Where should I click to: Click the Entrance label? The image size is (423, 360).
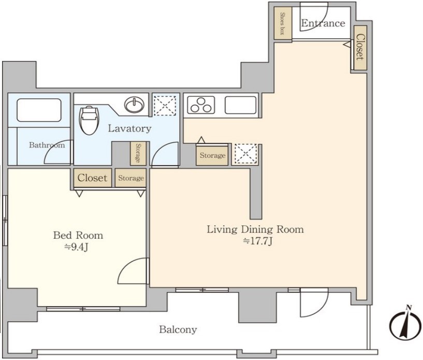pyautogui.click(x=323, y=23)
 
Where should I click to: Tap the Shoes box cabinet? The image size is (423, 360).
pyautogui.click(x=283, y=23)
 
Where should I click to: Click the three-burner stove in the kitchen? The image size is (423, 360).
pyautogui.click(x=201, y=105)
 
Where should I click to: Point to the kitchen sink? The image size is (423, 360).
pyautogui.click(x=240, y=105)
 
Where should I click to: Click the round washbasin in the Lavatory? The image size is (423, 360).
pyautogui.click(x=134, y=104)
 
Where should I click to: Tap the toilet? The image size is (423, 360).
pyautogui.click(x=89, y=120)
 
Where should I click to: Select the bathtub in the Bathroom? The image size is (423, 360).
pyautogui.click(x=39, y=110)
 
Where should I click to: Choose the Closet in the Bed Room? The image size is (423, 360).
pyautogui.click(x=93, y=178)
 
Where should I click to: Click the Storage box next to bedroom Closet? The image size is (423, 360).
pyautogui.click(x=130, y=178)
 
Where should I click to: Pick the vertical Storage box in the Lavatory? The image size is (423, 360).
pyautogui.click(x=138, y=153)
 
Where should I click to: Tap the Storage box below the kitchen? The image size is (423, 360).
pyautogui.click(x=212, y=155)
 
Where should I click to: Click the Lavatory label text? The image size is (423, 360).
pyautogui.click(x=129, y=128)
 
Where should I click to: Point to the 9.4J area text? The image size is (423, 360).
pyautogui.click(x=76, y=247)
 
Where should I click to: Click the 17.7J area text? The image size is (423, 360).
pyautogui.click(x=258, y=241)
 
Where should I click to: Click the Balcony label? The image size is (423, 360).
pyautogui.click(x=178, y=329)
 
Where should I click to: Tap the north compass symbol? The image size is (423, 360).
pyautogui.click(x=405, y=322)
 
